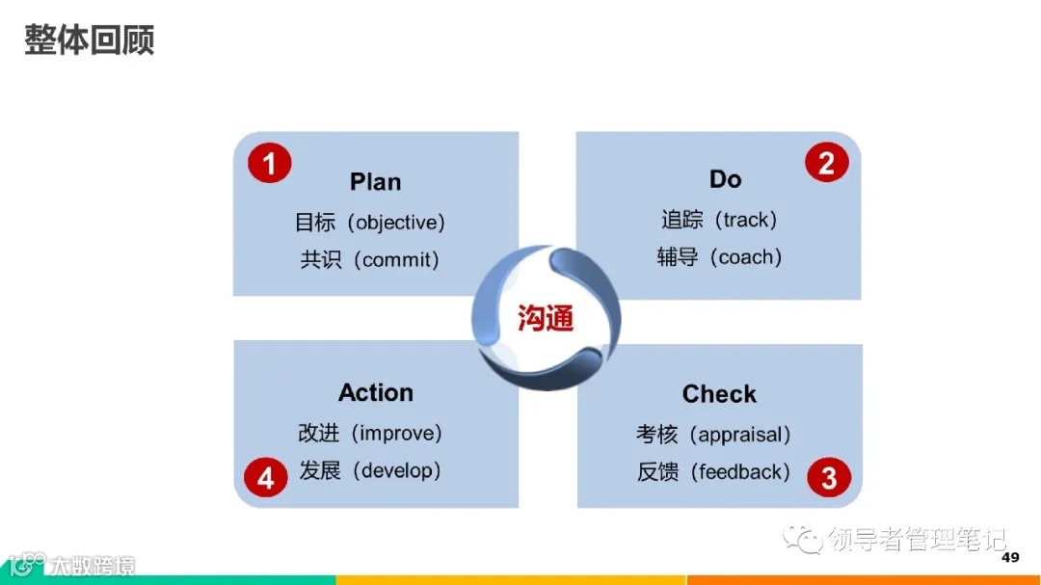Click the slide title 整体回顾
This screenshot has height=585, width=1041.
[x=90, y=40]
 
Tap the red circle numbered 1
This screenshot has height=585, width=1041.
[x=269, y=163]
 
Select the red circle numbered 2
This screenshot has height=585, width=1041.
[x=826, y=163]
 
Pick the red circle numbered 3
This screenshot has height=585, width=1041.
[x=829, y=477]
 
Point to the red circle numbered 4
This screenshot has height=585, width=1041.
[x=266, y=478]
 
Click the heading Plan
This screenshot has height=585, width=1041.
[x=375, y=182]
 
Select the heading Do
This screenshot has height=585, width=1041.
[x=725, y=179]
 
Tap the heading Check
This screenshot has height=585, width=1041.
[x=719, y=394]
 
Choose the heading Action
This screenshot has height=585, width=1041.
[x=375, y=392]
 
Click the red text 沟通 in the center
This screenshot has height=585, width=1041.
[x=546, y=318]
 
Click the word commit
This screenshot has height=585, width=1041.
[x=400, y=260]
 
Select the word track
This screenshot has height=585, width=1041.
[x=744, y=220]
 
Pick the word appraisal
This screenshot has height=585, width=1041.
[x=743, y=435]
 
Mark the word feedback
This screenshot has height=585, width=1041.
[x=742, y=472]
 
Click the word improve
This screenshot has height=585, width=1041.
[x=400, y=433]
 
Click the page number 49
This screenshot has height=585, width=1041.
[x=1010, y=558]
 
